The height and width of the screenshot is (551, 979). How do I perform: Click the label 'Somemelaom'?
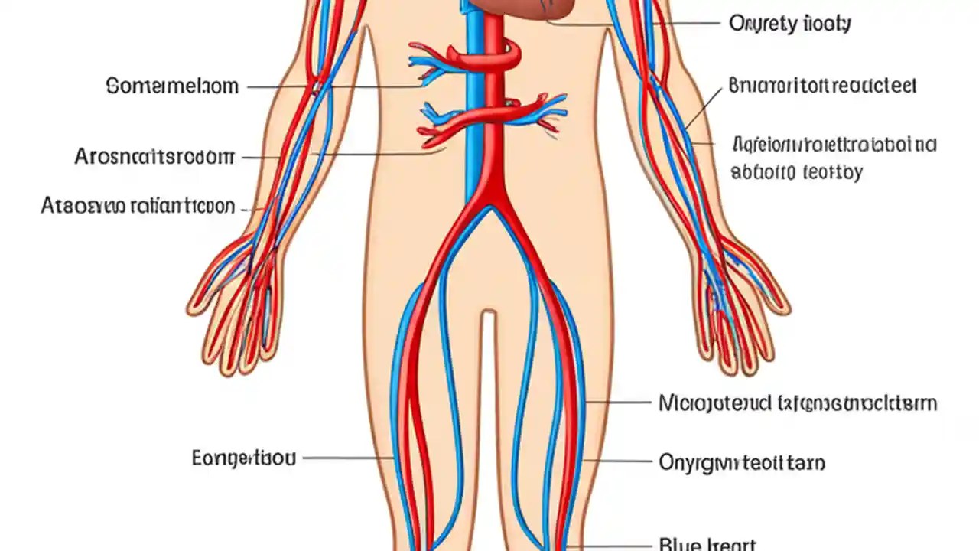172,86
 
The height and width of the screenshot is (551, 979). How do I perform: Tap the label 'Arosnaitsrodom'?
154,157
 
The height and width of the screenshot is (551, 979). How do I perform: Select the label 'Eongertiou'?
243,458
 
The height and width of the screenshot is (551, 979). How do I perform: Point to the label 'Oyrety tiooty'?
789,24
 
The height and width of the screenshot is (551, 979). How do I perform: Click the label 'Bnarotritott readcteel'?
822,85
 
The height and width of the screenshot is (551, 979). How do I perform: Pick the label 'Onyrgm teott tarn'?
742,462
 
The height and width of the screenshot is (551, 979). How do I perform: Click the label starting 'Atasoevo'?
138,206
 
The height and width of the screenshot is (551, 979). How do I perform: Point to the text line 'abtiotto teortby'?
796,171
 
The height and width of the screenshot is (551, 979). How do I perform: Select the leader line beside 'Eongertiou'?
348,458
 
